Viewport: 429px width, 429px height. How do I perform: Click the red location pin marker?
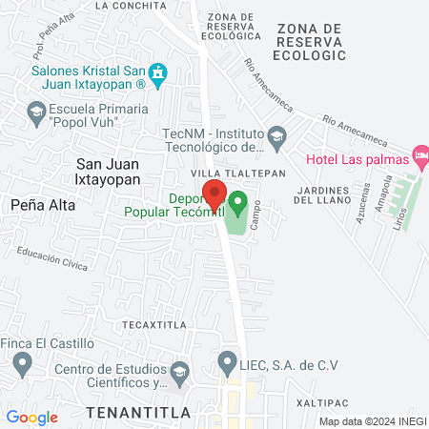[215, 194]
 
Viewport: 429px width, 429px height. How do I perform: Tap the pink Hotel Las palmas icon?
[419, 154]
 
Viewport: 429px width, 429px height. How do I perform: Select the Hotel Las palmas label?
[357, 159]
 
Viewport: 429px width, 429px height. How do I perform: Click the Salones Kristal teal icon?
[160, 71]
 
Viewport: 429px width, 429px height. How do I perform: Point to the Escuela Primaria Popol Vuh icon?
[36, 111]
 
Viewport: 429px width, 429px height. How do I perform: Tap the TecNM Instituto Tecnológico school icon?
[276, 133]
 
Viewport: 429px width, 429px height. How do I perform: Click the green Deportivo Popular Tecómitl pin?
[238, 202]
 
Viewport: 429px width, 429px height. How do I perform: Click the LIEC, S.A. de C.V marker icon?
[227, 361]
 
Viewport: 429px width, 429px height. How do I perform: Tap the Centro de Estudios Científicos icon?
[179, 370]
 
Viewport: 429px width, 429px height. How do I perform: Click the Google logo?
[31, 417]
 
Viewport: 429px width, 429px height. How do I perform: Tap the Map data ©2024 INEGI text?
[372, 421]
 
